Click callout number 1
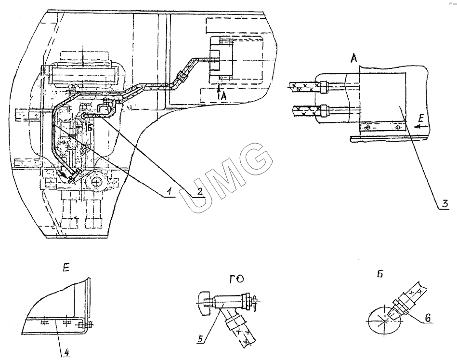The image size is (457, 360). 168,192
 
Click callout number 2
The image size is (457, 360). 199,191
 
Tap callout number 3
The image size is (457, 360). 445,203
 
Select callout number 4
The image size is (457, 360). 67,352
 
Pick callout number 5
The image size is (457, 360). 200,339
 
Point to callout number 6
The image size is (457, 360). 427,318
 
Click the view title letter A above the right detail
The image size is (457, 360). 353,58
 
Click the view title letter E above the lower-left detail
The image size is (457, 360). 66,268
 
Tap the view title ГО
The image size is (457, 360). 236,279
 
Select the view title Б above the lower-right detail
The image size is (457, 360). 380,275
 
